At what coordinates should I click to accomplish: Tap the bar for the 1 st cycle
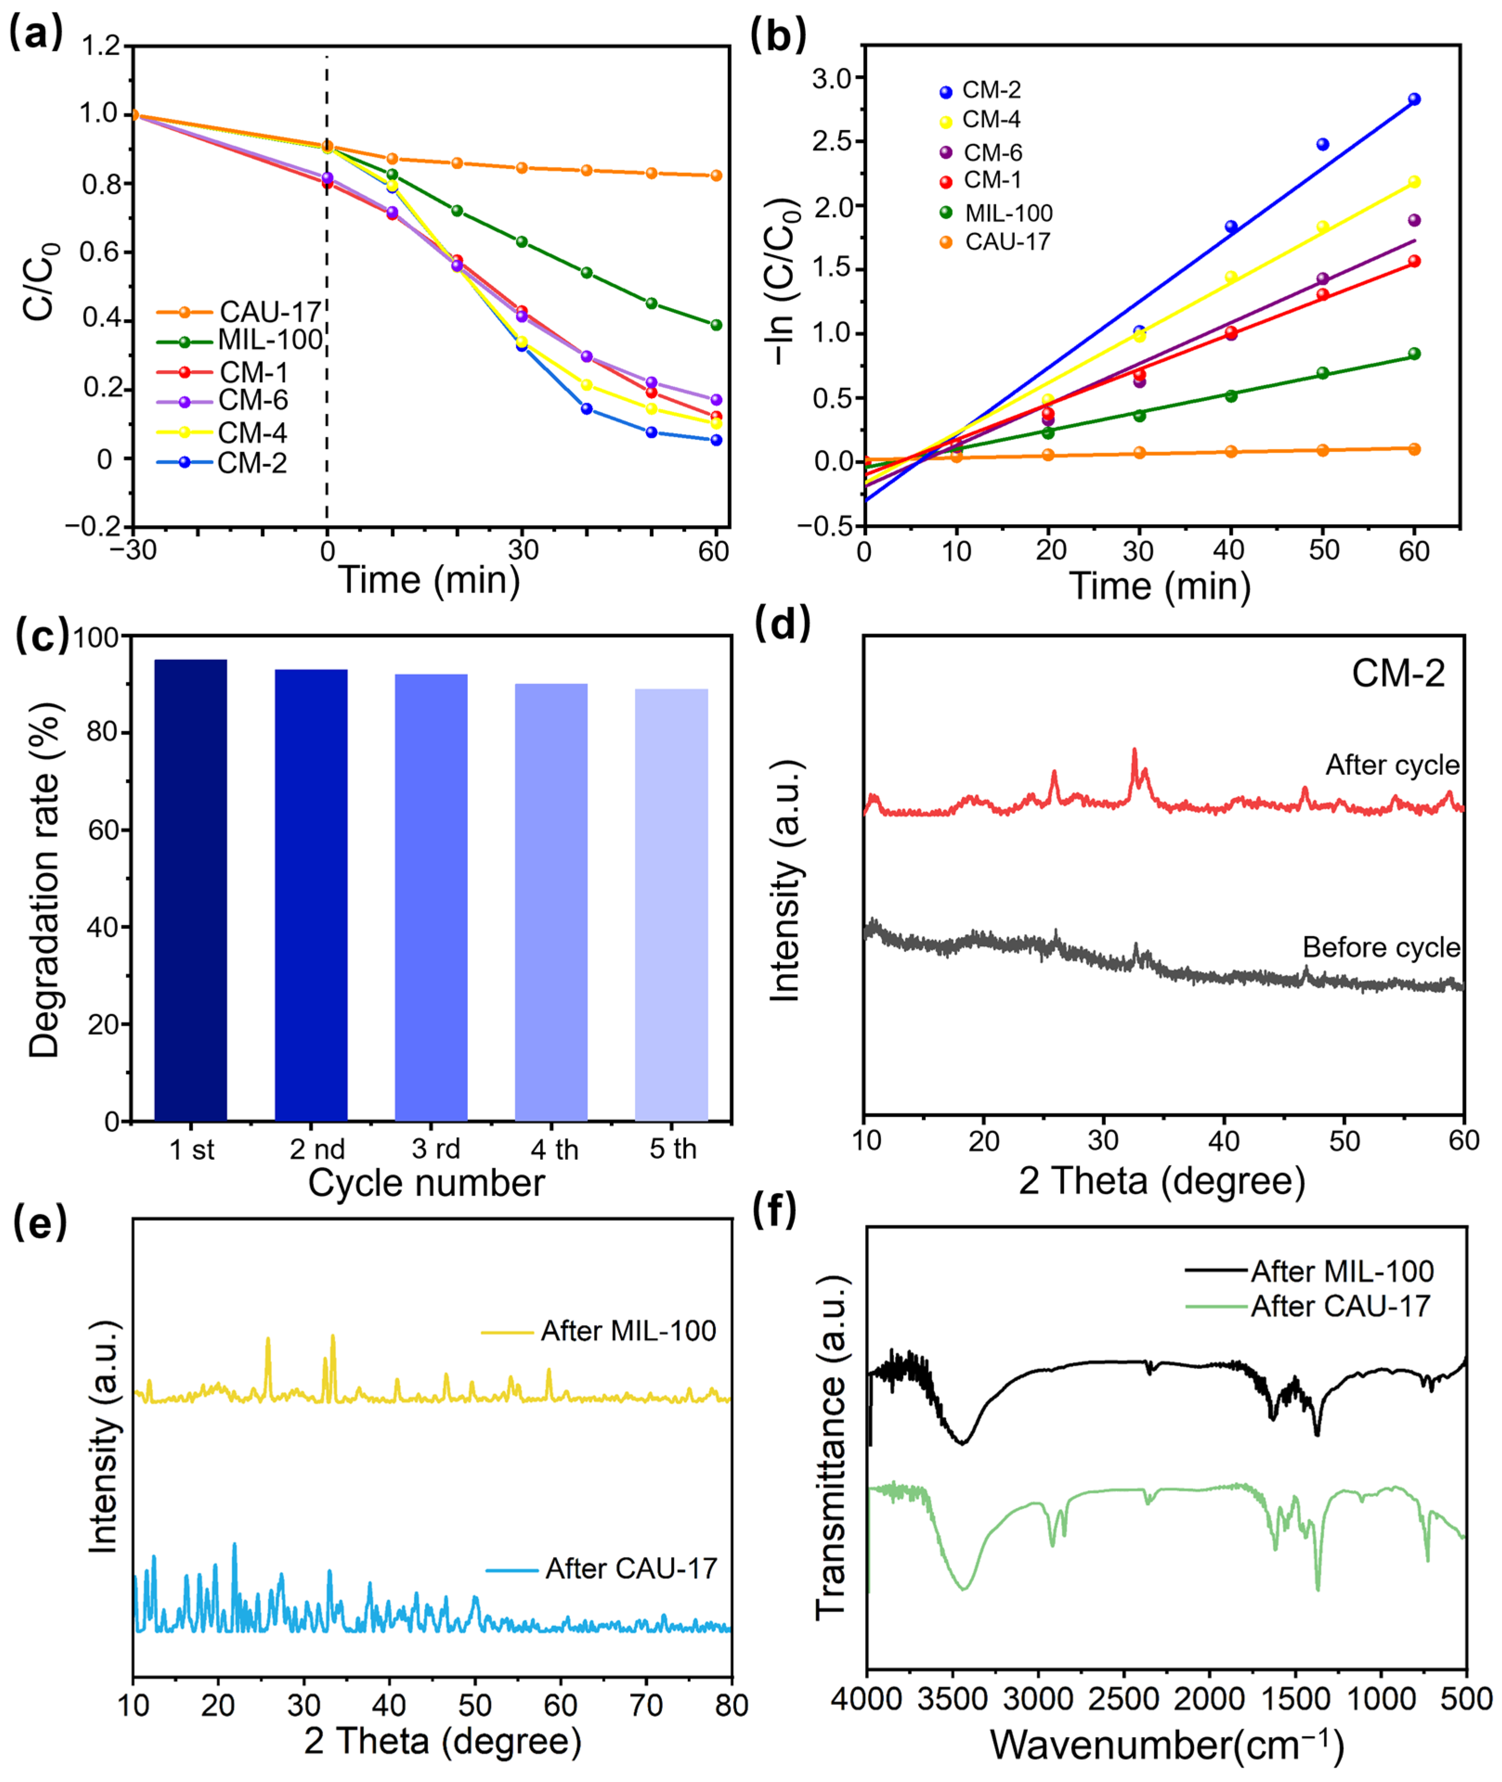(x=191, y=889)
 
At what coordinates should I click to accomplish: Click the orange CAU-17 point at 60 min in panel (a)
(x=716, y=175)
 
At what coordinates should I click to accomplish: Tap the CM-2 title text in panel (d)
(x=1398, y=674)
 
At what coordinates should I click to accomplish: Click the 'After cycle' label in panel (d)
(x=1392, y=765)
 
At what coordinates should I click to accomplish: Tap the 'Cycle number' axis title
(x=426, y=1184)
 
